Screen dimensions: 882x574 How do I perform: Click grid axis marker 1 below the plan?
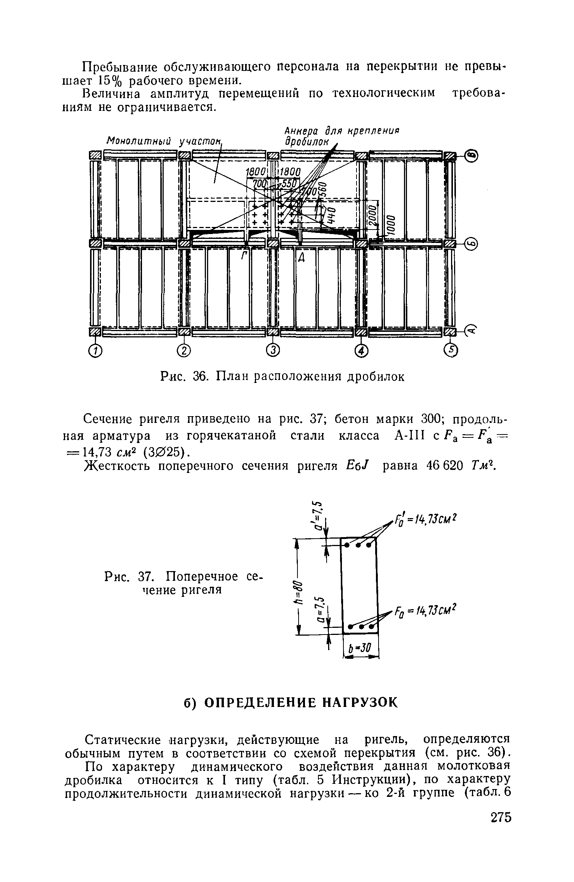(x=95, y=351)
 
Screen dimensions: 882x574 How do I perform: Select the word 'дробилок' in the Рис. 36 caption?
(x=375, y=377)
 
